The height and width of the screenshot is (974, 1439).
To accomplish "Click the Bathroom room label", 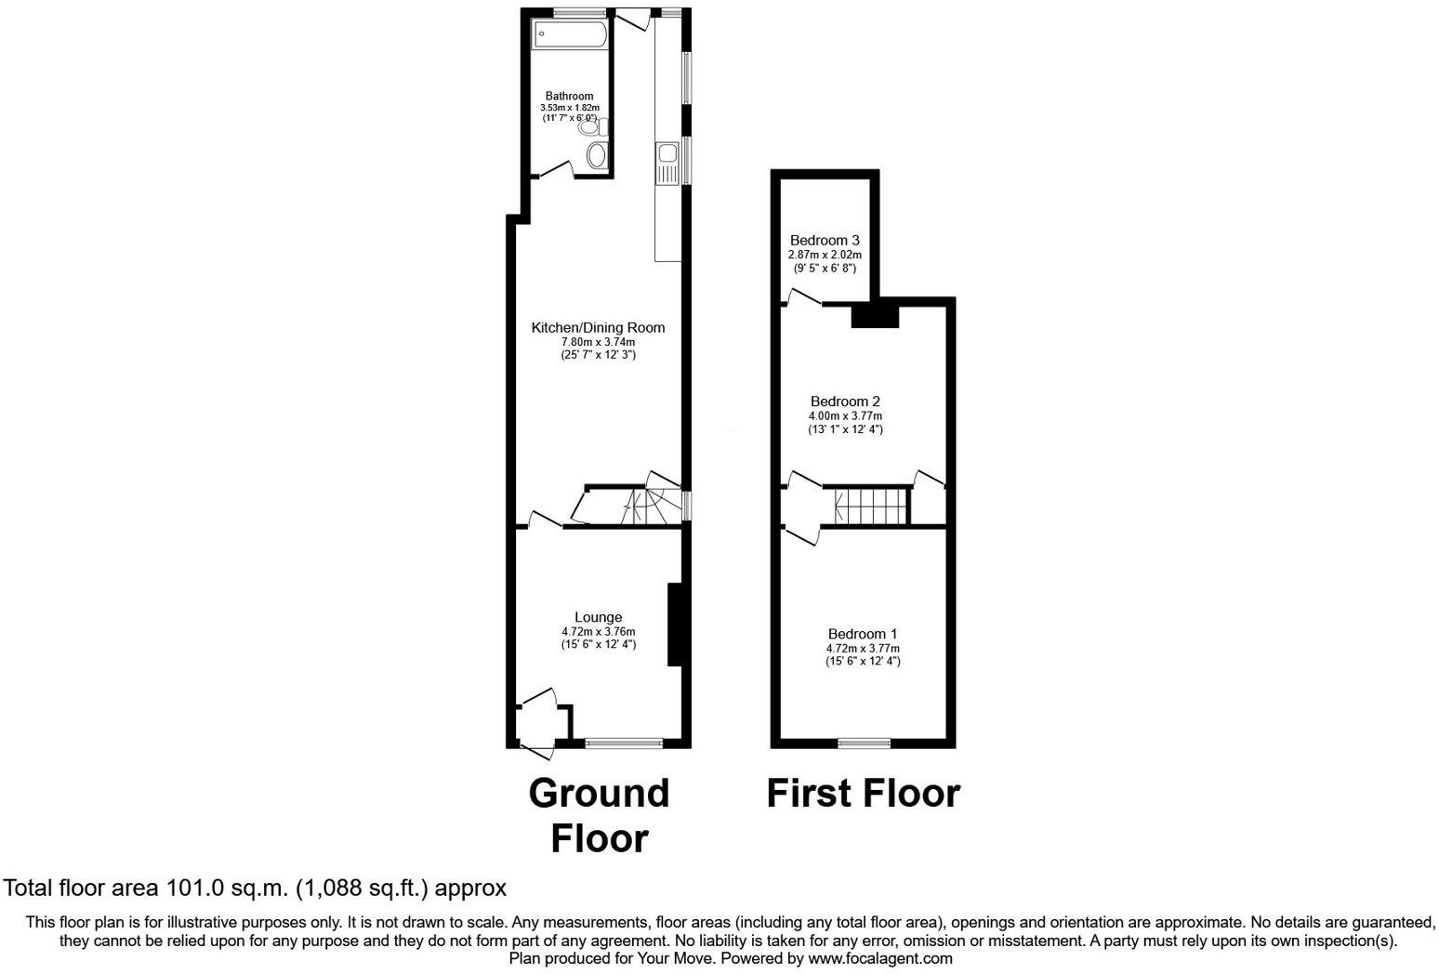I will [569, 96].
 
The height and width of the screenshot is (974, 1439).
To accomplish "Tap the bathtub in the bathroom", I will [569, 35].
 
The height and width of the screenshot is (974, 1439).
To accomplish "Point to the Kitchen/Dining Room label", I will [598, 327].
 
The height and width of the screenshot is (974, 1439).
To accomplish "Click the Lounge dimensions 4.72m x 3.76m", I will [598, 632].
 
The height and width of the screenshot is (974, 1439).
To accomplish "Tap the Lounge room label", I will [598, 617].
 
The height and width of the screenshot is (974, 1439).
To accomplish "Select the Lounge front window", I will [624, 743].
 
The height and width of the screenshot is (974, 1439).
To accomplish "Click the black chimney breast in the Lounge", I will [675, 625].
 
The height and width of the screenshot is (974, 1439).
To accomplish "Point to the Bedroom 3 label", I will [825, 240].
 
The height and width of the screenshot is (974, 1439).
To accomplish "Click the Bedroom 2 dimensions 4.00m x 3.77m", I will [845, 415].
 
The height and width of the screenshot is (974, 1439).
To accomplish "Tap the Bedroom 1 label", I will [863, 634].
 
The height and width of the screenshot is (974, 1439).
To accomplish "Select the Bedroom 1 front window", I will [864, 743].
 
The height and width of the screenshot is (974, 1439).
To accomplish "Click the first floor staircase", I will [870, 507].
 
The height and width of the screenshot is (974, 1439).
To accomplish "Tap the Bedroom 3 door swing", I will [803, 296].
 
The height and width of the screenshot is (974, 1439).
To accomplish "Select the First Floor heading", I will [863, 794].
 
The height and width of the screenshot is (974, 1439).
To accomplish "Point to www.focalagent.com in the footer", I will [879, 958].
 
